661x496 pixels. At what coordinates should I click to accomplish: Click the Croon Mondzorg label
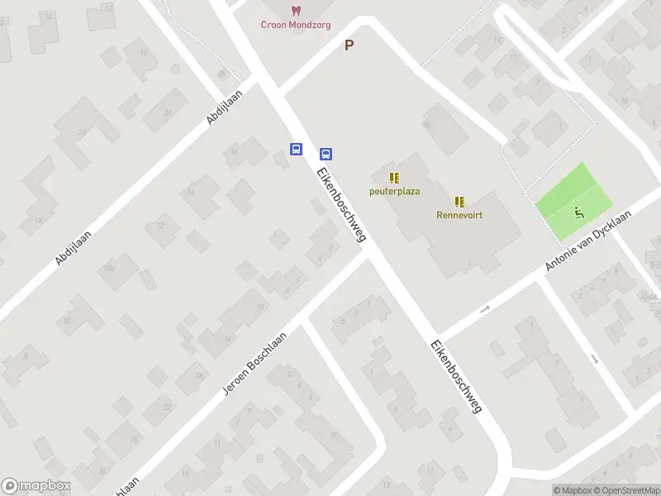click(296, 25)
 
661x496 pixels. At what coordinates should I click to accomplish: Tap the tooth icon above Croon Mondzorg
click(296, 10)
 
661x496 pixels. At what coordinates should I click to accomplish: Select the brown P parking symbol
click(349, 45)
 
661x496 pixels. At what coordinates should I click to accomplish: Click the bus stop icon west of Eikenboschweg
click(296, 149)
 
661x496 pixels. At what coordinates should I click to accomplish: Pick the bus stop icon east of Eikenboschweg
click(326, 153)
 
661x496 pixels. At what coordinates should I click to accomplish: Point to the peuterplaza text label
click(394, 191)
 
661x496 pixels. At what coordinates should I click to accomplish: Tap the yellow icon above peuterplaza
click(394, 177)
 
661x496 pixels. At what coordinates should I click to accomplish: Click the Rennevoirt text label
click(459, 215)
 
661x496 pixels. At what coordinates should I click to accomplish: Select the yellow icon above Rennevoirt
click(459, 201)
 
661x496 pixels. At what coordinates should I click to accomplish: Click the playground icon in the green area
click(578, 212)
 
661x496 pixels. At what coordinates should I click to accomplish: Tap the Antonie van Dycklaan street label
click(587, 241)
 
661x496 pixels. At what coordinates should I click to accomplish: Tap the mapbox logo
click(36, 485)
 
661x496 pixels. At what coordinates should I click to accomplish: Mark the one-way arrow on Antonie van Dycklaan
click(484, 309)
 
